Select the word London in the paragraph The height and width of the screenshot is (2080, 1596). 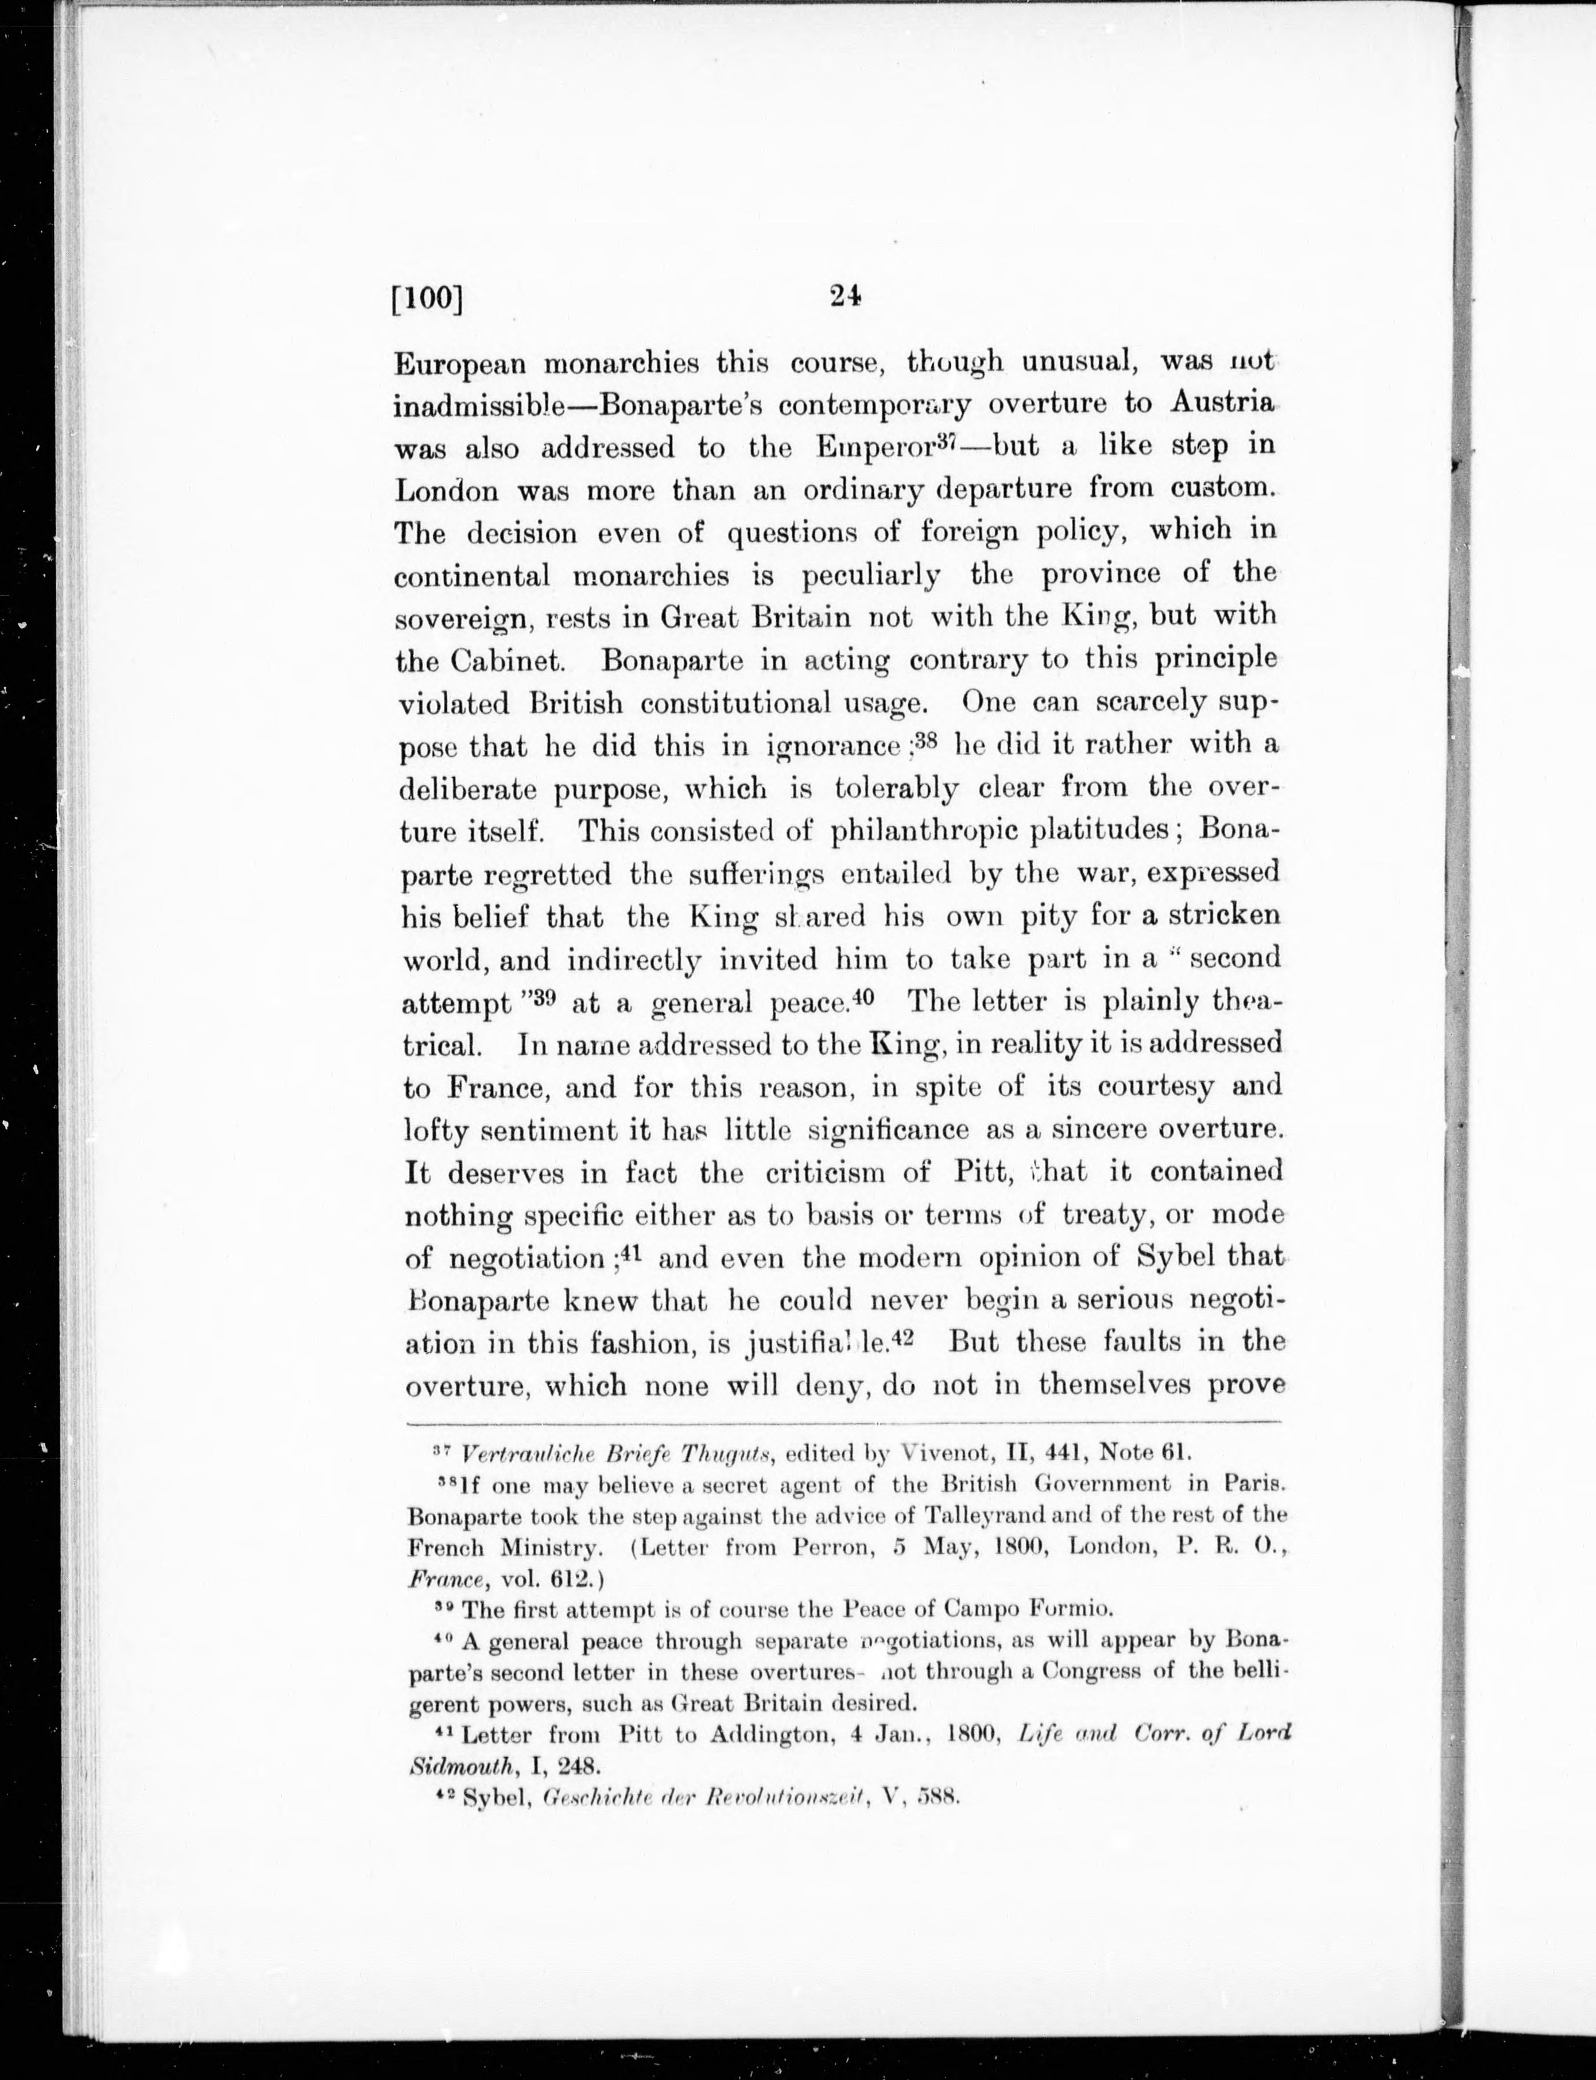coord(447,490)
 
